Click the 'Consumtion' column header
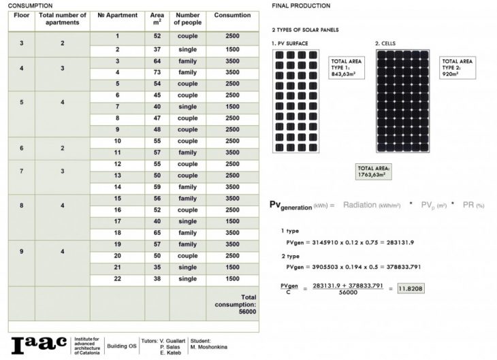(x=232, y=15)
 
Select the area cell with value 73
(x=157, y=72)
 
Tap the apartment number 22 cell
(x=117, y=279)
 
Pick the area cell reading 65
(x=157, y=232)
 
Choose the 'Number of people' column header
(x=187, y=18)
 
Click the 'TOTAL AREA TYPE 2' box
(x=458, y=68)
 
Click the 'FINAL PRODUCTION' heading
(x=301, y=5)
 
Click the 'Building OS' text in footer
(x=123, y=345)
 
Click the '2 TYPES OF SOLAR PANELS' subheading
(x=305, y=30)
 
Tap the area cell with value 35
(x=157, y=267)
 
